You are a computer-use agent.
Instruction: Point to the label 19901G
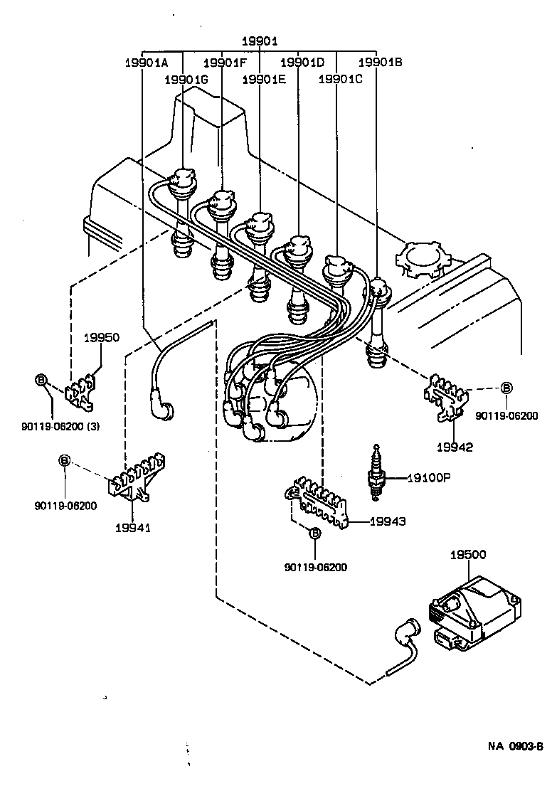click(186, 80)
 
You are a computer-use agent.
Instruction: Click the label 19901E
click(263, 80)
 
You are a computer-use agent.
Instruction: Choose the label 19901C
click(340, 80)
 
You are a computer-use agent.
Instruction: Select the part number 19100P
click(428, 478)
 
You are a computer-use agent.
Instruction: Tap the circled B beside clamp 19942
click(506, 388)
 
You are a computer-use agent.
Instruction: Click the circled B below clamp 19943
click(315, 532)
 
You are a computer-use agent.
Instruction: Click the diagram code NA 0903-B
click(515, 746)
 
